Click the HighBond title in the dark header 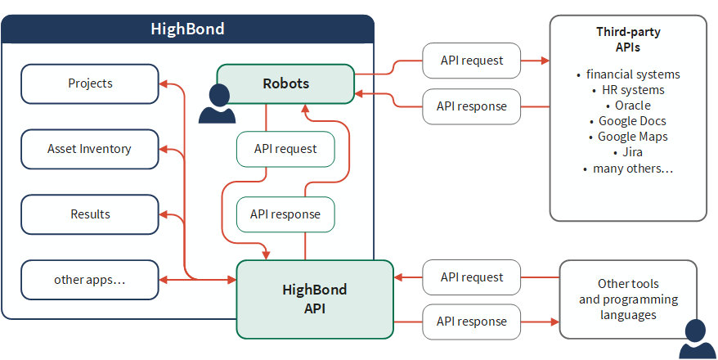pyautogui.click(x=188, y=29)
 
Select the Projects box pyautogui.click(x=90, y=83)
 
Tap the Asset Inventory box pyautogui.click(x=90, y=149)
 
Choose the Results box pyautogui.click(x=90, y=214)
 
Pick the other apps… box pyautogui.click(x=90, y=280)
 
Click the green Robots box pyautogui.click(x=285, y=83)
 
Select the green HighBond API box pyautogui.click(x=315, y=299)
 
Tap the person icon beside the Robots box pyautogui.click(x=217, y=104)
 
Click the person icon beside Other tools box pyautogui.click(x=697, y=339)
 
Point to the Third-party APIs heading pyautogui.click(x=628, y=39)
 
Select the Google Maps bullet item pyautogui.click(x=628, y=137)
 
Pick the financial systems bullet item pyautogui.click(x=628, y=74)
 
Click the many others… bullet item pyautogui.click(x=628, y=169)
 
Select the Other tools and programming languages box pyautogui.click(x=628, y=299)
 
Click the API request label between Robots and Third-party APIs pyautogui.click(x=472, y=61)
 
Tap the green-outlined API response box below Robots pyautogui.click(x=285, y=214)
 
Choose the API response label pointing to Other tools pyautogui.click(x=472, y=322)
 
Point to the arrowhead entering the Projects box pyautogui.click(x=163, y=83)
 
